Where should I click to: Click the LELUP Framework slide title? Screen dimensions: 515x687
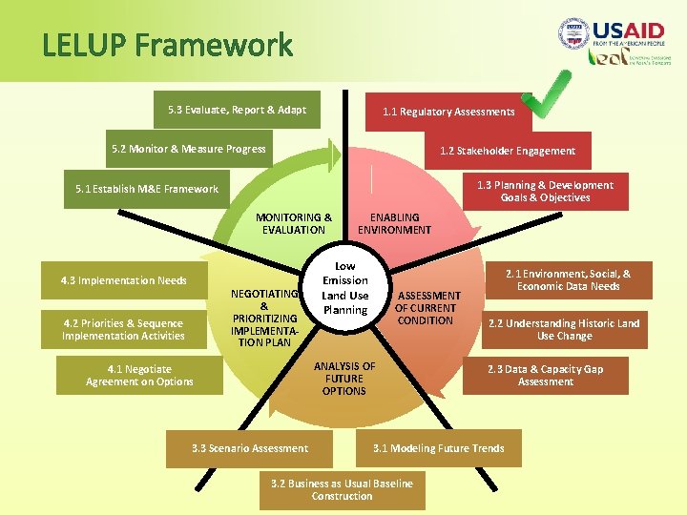tap(167, 45)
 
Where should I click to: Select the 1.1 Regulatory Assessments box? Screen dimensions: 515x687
tap(448, 112)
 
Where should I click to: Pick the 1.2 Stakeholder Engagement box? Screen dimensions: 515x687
tap(507, 151)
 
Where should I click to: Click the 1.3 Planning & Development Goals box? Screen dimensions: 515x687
tap(545, 191)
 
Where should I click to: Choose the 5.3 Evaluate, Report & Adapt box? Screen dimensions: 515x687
tap(237, 110)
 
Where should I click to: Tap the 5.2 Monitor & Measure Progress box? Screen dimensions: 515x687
tap(188, 149)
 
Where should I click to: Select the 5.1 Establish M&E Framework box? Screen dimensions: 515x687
tap(147, 189)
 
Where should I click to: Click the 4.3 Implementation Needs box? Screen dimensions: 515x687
tap(123, 280)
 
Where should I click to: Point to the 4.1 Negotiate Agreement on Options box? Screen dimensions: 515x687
tap(139, 375)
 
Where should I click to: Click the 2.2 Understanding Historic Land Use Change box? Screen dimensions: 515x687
tap(564, 329)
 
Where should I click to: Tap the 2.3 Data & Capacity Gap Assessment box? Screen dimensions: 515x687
tap(545, 375)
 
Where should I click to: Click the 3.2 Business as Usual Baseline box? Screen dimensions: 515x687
tap(342, 489)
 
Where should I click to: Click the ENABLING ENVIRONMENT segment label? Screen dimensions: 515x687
tap(394, 223)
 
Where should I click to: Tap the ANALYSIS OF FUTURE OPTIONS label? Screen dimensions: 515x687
tap(344, 379)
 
